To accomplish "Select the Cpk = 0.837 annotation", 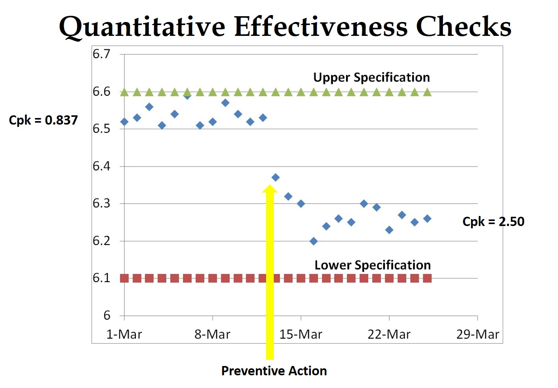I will [x=43, y=120].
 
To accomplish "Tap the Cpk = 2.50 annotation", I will [x=493, y=222].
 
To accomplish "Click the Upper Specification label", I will [x=371, y=78].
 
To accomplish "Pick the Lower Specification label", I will [x=372, y=265].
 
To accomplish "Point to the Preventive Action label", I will [x=274, y=371].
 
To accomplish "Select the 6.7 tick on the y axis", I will [x=101, y=54].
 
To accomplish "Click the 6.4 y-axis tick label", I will [x=101, y=166].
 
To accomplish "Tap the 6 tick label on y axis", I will [x=107, y=315].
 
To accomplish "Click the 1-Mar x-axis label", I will [x=124, y=334].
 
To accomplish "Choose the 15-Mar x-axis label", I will [x=300, y=334].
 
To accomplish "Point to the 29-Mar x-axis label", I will [x=477, y=334].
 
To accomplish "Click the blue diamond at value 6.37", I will [x=275, y=177].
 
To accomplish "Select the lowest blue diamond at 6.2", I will [x=314, y=241].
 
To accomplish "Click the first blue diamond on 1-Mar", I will [x=124, y=122].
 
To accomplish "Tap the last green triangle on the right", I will [x=427, y=92].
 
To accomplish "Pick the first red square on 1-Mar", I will [x=124, y=278].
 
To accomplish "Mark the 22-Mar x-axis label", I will [x=389, y=334].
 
